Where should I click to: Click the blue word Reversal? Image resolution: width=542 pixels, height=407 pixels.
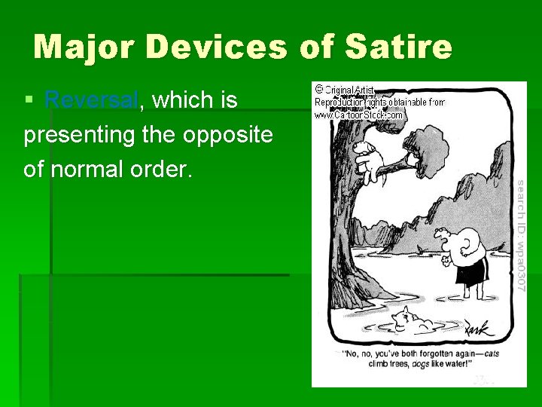[x=91, y=99]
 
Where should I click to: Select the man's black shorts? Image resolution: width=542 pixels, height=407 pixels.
[x=473, y=269]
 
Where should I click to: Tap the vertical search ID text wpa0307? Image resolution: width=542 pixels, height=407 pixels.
[x=520, y=234]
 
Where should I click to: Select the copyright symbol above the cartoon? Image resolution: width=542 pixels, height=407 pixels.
[x=319, y=89]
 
